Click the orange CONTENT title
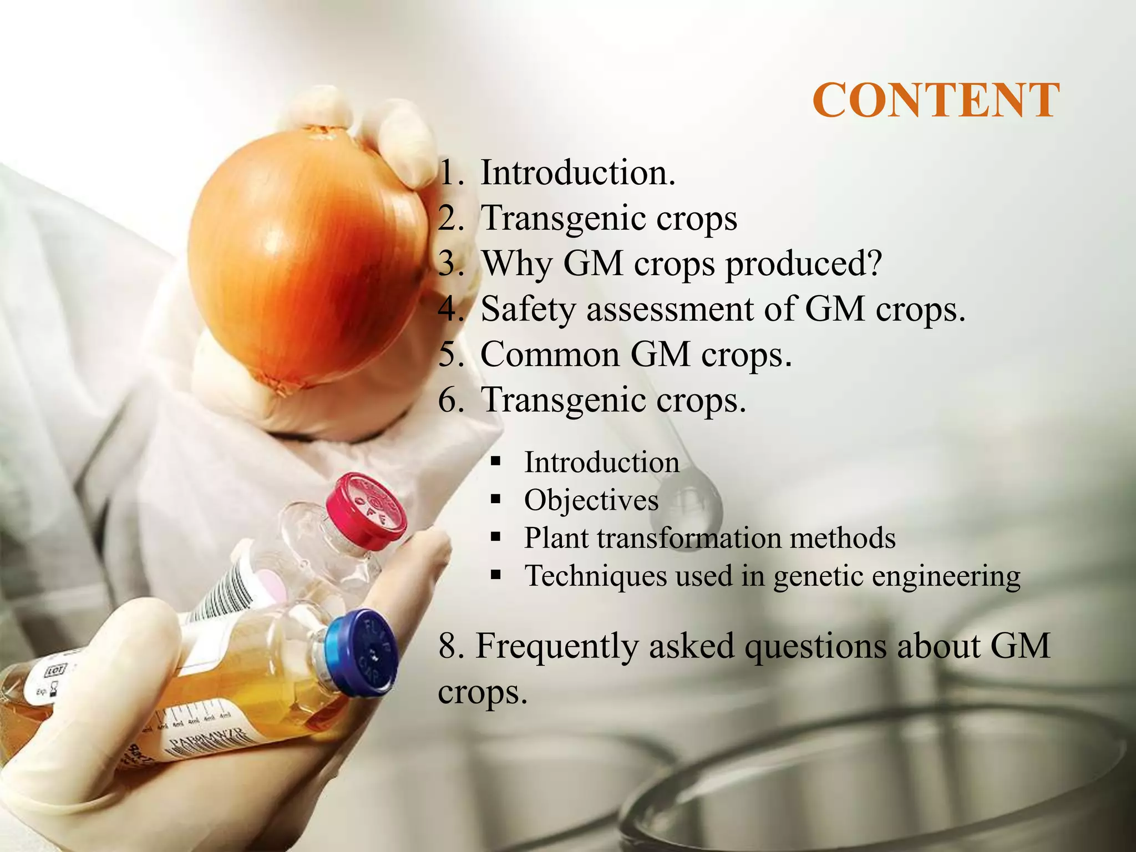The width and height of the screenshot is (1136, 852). tap(936, 100)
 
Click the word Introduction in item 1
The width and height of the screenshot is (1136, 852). tap(577, 173)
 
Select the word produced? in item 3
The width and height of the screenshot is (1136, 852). tap(804, 264)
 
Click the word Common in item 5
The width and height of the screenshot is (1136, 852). tap(549, 354)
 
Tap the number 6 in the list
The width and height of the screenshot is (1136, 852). tap(449, 399)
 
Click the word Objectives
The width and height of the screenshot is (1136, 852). tap(591, 500)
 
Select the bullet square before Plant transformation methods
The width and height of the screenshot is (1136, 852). tap(495, 537)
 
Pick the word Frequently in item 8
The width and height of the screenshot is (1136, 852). tap(557, 646)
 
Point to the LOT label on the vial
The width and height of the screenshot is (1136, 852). tap(55, 670)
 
